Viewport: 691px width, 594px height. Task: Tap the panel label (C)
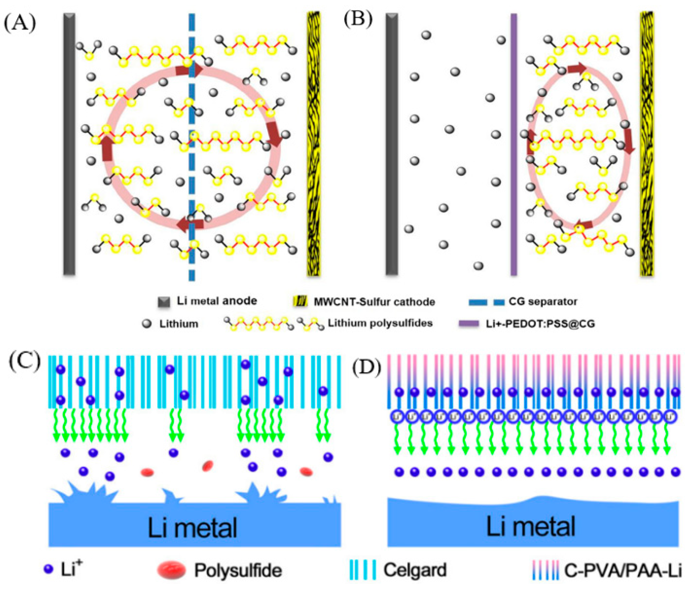coord(25,362)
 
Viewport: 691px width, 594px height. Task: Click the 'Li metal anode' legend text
coord(217,301)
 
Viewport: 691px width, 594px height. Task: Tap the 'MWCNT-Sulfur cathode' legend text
coord(374,302)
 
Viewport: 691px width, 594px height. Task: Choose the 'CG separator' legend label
coord(543,302)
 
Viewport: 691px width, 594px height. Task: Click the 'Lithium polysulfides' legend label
coord(380,323)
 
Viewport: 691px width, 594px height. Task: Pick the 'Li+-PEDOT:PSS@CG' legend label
coord(540,323)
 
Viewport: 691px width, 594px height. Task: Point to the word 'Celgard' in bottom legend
coord(415,570)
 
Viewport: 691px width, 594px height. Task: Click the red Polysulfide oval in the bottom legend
coord(171,570)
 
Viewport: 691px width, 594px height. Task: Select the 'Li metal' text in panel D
coord(531,526)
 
